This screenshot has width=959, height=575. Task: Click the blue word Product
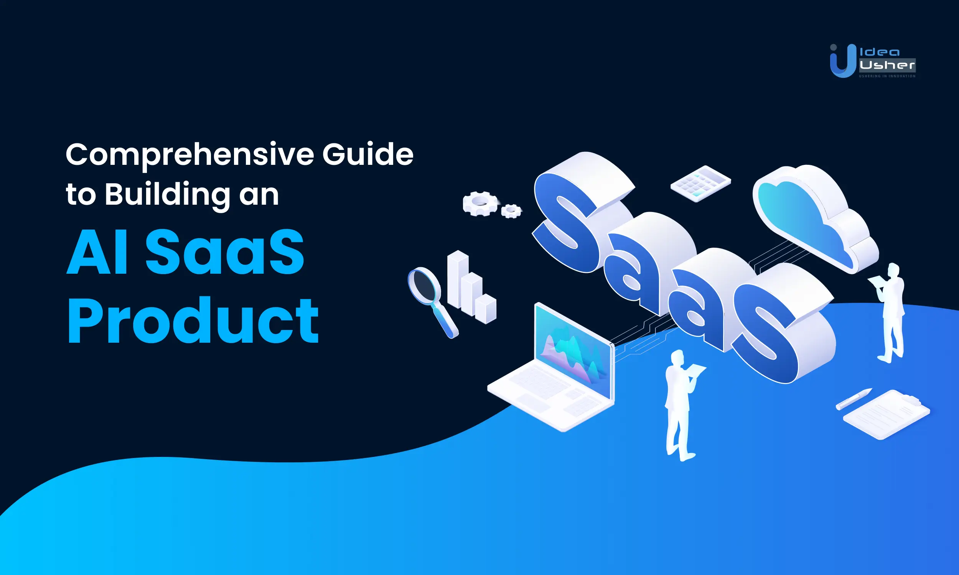(x=193, y=321)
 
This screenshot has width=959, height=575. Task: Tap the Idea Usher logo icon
(x=842, y=61)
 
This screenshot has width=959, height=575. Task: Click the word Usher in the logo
(x=887, y=65)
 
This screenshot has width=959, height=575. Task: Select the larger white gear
(x=480, y=203)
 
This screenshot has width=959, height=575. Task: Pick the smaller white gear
(x=511, y=211)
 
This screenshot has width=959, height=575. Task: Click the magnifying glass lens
(x=423, y=285)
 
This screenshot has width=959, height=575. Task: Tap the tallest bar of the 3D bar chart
(x=457, y=279)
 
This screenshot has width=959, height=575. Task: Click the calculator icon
(x=700, y=184)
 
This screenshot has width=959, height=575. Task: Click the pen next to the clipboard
(x=853, y=399)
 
